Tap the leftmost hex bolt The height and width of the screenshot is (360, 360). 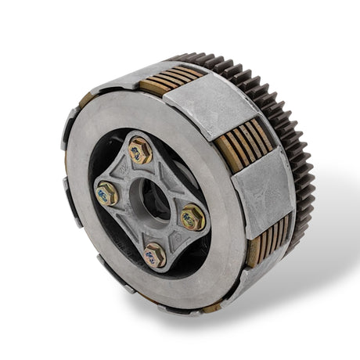click(106, 193)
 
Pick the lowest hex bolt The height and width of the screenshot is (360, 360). click(154, 254)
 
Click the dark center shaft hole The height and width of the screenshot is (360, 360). click(152, 200)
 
